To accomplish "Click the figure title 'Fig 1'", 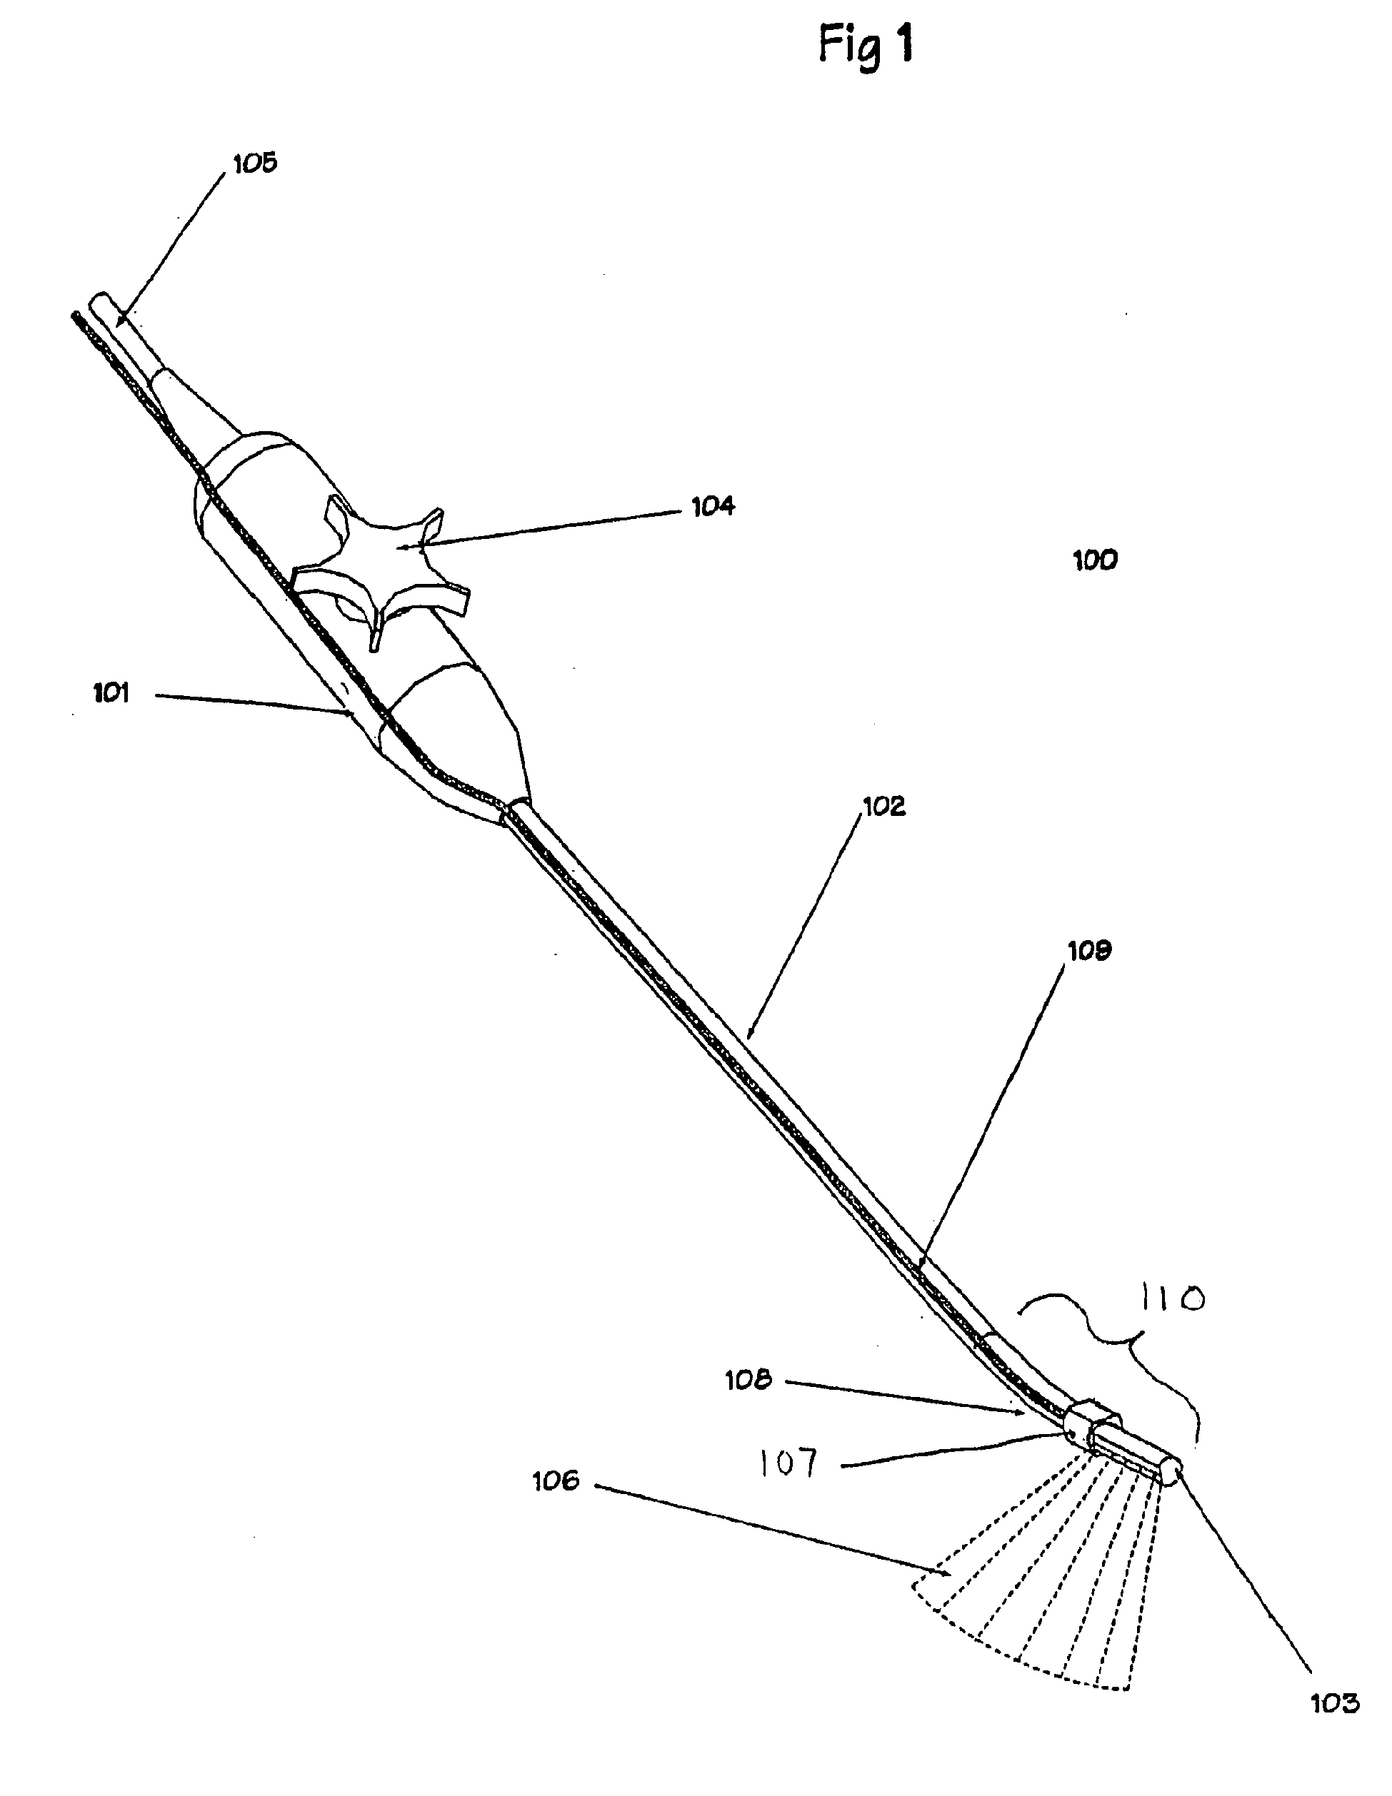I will point(866,45).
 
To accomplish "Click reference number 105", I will point(255,163).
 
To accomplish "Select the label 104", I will point(713,507).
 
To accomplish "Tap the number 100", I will point(1095,560).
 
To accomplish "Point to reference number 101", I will point(111,693).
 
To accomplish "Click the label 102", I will point(883,806).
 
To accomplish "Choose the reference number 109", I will point(1089,951).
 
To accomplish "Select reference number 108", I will point(748,1380).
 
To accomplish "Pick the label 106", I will point(556,1481).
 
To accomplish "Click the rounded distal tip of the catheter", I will point(1171,1472).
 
